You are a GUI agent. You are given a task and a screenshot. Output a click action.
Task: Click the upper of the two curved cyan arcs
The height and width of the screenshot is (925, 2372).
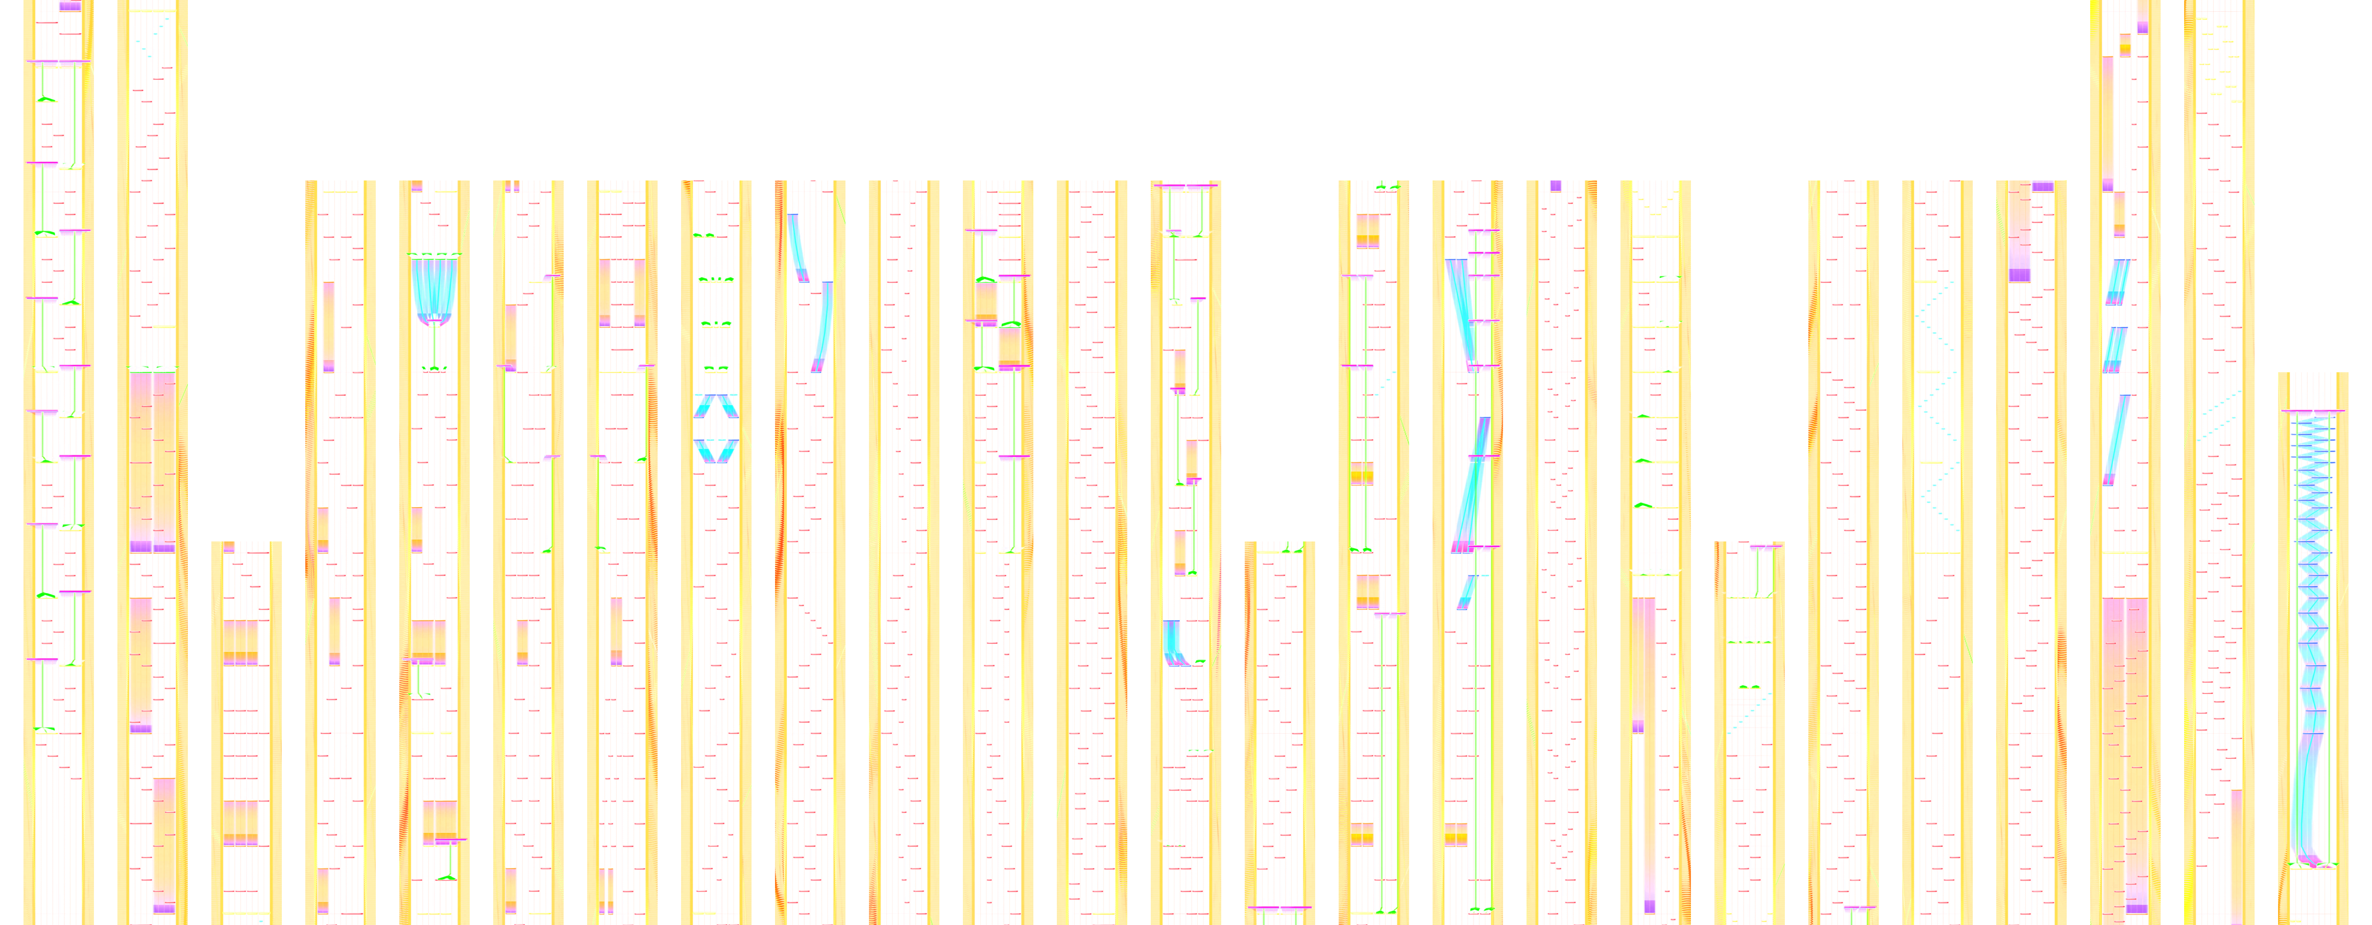pyautogui.click(x=798, y=247)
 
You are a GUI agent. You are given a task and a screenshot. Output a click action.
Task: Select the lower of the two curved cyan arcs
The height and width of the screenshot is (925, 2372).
pyautogui.click(x=822, y=327)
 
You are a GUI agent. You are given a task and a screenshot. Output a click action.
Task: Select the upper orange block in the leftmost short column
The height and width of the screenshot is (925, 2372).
pyautogui.click(x=241, y=642)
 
